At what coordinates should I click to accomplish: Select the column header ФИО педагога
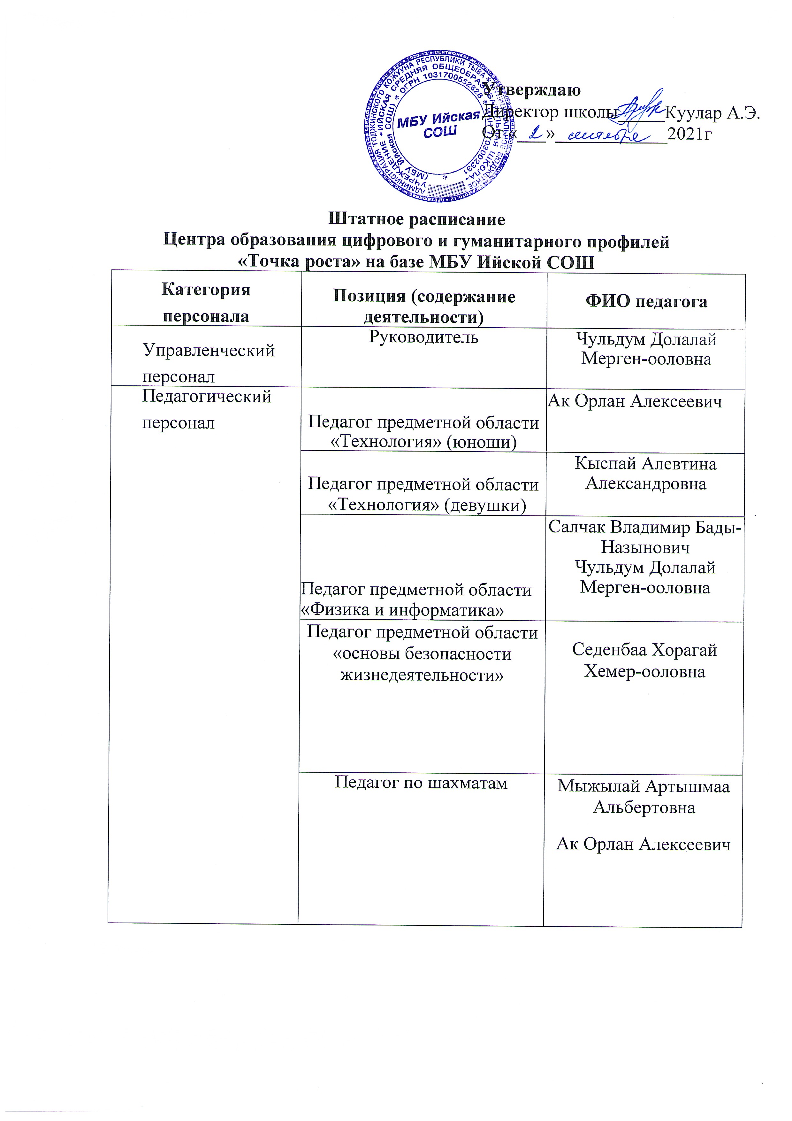tap(646, 301)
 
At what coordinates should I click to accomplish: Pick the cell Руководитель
tap(423, 337)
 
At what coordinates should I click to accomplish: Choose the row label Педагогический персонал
tap(206, 409)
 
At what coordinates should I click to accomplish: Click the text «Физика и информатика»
tap(402, 610)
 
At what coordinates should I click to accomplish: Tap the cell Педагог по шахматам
tap(421, 783)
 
